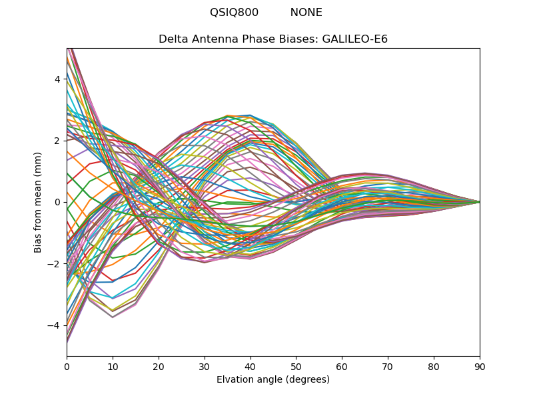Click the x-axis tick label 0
click(x=67, y=366)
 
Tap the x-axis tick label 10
click(x=113, y=366)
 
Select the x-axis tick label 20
click(x=159, y=366)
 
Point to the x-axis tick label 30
click(x=205, y=366)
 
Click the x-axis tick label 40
click(x=251, y=366)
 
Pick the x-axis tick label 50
click(x=296, y=366)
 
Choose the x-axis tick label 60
click(x=342, y=366)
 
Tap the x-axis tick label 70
click(x=388, y=366)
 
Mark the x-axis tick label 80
click(x=434, y=366)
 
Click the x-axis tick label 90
click(x=480, y=366)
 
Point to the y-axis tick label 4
click(x=57, y=79)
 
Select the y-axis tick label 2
click(x=57, y=141)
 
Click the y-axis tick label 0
click(x=57, y=202)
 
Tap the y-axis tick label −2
click(x=55, y=263)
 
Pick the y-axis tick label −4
click(x=55, y=325)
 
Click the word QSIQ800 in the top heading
click(x=234, y=13)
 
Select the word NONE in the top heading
click(x=306, y=13)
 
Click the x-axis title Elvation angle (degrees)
click(x=273, y=379)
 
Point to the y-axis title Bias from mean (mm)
click(x=38, y=202)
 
